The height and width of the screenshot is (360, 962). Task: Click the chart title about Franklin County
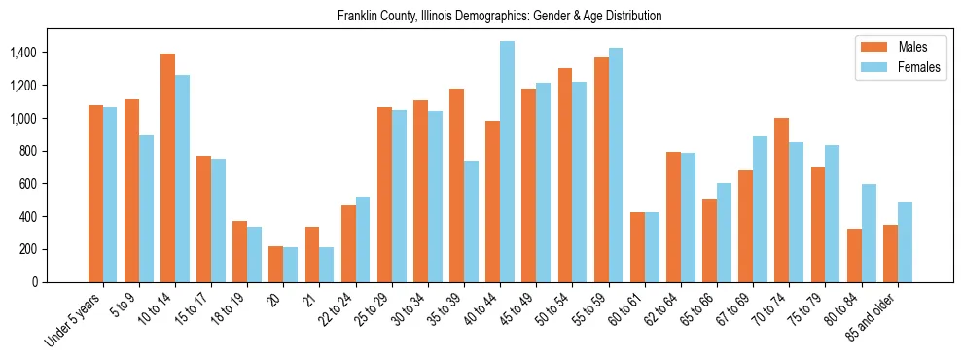point(499,16)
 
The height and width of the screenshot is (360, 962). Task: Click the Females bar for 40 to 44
point(507,162)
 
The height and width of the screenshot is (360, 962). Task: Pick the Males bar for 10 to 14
point(167,167)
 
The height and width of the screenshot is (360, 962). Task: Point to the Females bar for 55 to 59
point(616,164)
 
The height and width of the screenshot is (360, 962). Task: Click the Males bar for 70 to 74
point(782,199)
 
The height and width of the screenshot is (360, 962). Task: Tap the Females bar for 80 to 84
point(869,233)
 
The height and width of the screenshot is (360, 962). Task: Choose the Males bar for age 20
point(276,264)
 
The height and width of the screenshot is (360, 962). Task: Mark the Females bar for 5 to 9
point(146,208)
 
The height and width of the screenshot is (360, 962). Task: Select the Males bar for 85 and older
point(890,253)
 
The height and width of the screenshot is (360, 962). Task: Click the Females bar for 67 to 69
point(761,209)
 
